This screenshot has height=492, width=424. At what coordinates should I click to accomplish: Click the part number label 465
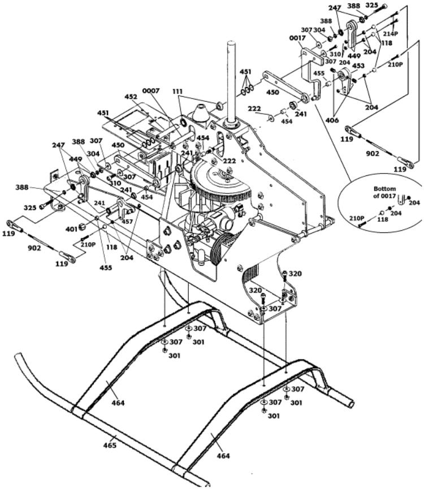point(110,445)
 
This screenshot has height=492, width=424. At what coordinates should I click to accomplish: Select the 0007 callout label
point(151,90)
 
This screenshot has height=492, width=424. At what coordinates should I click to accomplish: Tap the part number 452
point(131,97)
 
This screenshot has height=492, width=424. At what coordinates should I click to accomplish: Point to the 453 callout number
point(358,66)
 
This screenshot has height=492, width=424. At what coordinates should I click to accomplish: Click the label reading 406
point(332,120)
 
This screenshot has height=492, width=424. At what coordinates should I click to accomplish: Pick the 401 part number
point(71,230)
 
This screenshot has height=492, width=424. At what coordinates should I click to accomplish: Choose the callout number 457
point(127,222)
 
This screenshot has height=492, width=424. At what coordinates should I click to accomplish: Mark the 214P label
point(391,33)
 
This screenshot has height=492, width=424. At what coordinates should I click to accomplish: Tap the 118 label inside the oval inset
point(382,219)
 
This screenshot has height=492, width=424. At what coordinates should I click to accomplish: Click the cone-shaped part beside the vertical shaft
point(200,113)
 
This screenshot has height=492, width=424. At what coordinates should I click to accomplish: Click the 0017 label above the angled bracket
point(297,38)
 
